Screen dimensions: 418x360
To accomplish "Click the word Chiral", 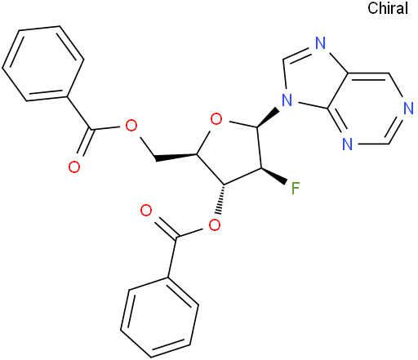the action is pyautogui.click(x=388, y=8).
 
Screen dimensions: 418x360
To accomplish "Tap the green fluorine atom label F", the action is pyautogui.click(x=296, y=189).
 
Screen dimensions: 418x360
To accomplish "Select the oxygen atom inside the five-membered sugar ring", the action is pyautogui.click(x=216, y=119).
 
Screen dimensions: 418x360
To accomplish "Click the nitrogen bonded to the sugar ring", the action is pyautogui.click(x=287, y=100).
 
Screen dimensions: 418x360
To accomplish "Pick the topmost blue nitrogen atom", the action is pyautogui.click(x=321, y=42).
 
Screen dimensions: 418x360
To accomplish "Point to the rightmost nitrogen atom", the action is pyautogui.click(x=408, y=109).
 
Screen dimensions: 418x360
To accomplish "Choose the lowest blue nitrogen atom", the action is pyautogui.click(x=347, y=144).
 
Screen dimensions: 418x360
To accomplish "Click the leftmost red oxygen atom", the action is pyautogui.click(x=74, y=167).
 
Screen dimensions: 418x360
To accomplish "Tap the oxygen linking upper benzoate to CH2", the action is pyautogui.click(x=131, y=126).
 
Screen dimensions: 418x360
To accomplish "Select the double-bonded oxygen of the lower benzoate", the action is pyautogui.click(x=146, y=211).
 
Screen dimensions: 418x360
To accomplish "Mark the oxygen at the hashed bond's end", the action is pyautogui.click(x=215, y=225).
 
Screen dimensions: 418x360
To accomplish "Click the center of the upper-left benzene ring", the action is pyautogui.click(x=42, y=64).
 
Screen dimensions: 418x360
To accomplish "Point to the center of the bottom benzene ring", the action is pyautogui.click(x=159, y=317).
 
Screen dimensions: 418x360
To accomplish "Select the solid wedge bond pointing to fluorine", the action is pyautogui.click(x=273, y=176).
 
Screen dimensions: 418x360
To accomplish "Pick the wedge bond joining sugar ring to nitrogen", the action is pyautogui.click(x=268, y=118).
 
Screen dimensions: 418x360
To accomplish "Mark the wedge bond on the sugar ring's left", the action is pyautogui.click(x=176, y=157).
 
